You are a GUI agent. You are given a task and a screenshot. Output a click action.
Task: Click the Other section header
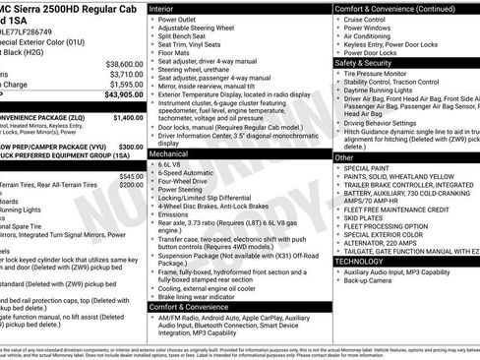[344, 157]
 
